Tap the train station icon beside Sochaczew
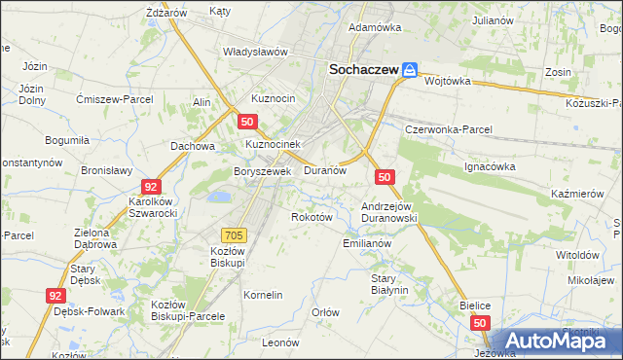(x=411, y=70)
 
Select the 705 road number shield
(x=235, y=234)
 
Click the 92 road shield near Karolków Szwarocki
(x=150, y=186)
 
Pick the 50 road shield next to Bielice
(x=479, y=322)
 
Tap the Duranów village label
(x=325, y=169)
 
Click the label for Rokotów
(x=312, y=217)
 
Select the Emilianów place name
(x=367, y=243)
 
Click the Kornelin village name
(x=263, y=294)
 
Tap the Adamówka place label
(x=374, y=27)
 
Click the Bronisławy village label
(x=106, y=169)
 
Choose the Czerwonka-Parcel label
(x=449, y=129)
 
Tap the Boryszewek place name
(x=263, y=171)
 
